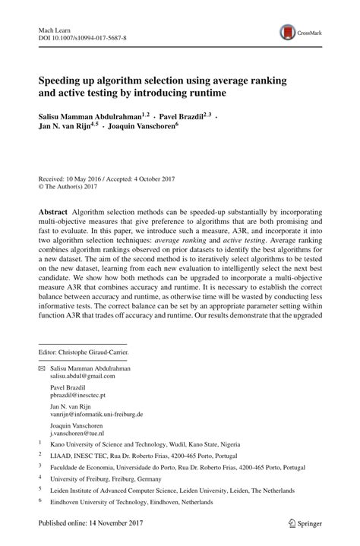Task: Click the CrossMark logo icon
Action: (289, 32)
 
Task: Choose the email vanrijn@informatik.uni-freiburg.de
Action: (97, 415)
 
